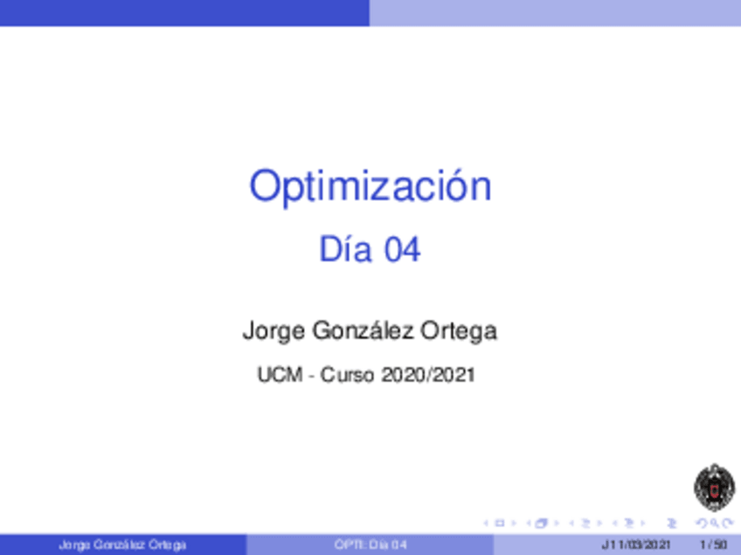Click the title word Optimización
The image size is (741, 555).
tap(370, 187)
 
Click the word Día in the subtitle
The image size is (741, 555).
tap(345, 249)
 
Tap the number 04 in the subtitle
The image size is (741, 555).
tap(402, 250)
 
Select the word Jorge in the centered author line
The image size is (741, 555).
tap(274, 331)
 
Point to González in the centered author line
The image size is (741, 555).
tap(363, 330)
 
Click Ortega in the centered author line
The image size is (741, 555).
tap(459, 331)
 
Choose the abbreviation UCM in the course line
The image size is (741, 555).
tap(280, 375)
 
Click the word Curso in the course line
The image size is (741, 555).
tap(349, 375)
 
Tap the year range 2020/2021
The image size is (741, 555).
tap(428, 375)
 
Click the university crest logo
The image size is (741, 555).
tap(714, 488)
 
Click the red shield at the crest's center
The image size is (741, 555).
tap(715, 490)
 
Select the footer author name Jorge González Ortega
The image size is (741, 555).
tap(122, 545)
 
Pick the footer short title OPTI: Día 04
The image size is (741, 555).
tap(370, 545)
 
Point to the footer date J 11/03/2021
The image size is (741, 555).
tap(636, 545)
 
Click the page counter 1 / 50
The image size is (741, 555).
tap(714, 545)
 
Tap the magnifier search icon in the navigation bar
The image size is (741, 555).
tap(717, 524)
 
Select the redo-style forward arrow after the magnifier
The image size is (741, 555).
tap(728, 524)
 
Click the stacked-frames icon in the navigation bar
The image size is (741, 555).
tap(541, 524)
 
